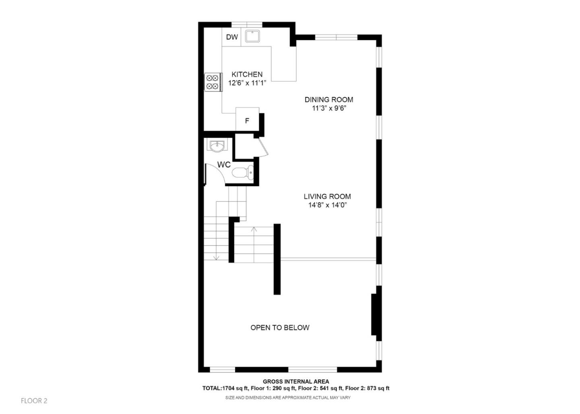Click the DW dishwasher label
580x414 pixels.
pyautogui.click(x=232, y=37)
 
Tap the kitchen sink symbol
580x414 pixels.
pyautogui.click(x=253, y=36)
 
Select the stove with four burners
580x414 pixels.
pyautogui.click(x=212, y=82)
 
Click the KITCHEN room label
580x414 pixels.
pyautogui.click(x=247, y=74)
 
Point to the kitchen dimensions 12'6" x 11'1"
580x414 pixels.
pyautogui.click(x=247, y=83)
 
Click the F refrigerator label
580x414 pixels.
pyautogui.click(x=247, y=121)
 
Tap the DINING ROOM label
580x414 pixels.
pyautogui.click(x=329, y=99)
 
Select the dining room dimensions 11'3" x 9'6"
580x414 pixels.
pyautogui.click(x=329, y=108)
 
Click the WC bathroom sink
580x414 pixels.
pyautogui.click(x=217, y=145)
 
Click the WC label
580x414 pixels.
pyautogui.click(x=224, y=165)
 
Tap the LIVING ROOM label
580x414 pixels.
pyautogui.click(x=327, y=196)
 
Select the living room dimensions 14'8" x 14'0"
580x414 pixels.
pyautogui.click(x=327, y=205)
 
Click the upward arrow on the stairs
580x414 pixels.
pyautogui.click(x=254, y=231)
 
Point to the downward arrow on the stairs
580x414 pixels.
pyautogui.click(x=216, y=256)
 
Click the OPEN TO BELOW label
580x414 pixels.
pyautogui.click(x=280, y=327)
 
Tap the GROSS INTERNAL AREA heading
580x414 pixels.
pyautogui.click(x=296, y=381)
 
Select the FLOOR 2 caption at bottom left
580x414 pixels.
pyautogui.click(x=34, y=401)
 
